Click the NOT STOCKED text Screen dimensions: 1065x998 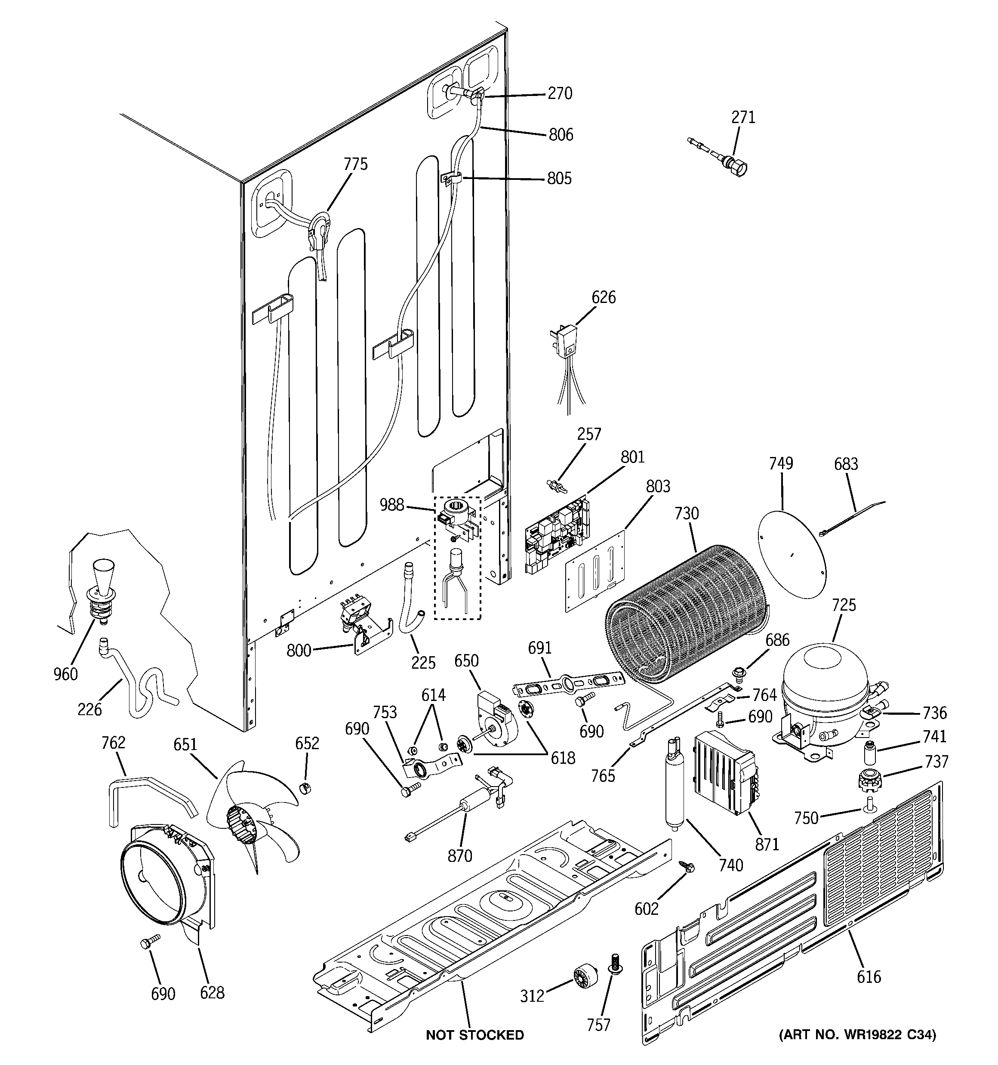coord(474,1035)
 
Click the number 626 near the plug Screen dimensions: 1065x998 coord(603,297)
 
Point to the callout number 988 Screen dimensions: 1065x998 coord(391,505)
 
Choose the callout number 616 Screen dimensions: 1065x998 coord(869,977)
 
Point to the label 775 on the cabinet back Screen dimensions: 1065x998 coord(356,164)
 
